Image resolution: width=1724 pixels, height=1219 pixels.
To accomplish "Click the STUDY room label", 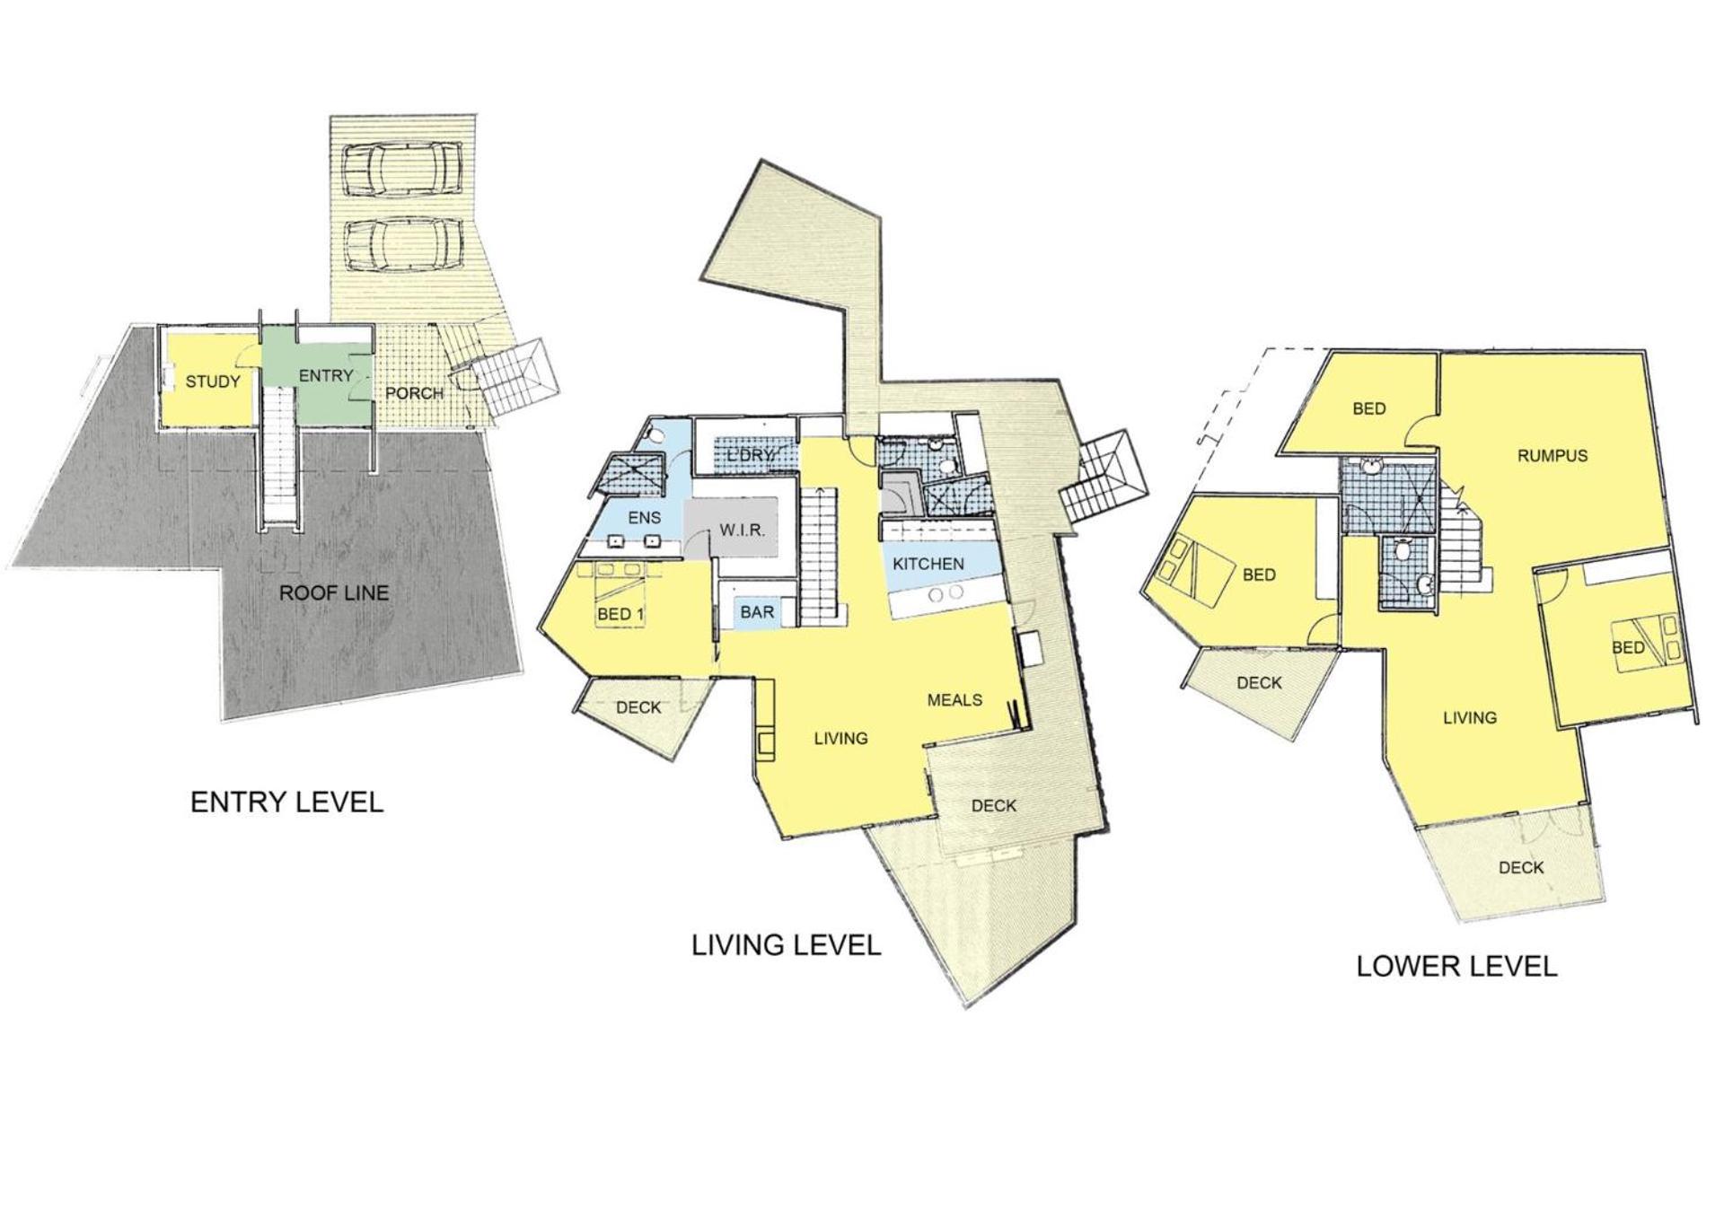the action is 213,381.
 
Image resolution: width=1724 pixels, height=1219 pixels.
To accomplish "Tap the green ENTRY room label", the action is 326,375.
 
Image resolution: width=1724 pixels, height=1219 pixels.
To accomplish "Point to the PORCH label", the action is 414,393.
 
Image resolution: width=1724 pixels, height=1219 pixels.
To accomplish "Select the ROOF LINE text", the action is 334,592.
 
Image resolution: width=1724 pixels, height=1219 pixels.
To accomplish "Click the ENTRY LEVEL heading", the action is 287,802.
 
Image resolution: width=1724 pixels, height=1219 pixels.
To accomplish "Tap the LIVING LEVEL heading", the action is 787,945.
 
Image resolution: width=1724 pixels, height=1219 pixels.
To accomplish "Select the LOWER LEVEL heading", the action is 1456,966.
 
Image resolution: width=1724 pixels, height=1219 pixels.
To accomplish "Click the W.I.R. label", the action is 743,531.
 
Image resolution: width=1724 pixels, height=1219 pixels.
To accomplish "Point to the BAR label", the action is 757,612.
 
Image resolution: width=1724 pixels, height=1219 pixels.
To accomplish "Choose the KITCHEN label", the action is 928,564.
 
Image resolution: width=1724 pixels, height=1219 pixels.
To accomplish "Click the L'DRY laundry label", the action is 751,455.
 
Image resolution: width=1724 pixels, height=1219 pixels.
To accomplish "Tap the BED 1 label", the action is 620,615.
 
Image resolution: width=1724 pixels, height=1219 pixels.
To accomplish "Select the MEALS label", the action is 954,699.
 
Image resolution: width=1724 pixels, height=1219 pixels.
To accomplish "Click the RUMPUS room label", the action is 1552,455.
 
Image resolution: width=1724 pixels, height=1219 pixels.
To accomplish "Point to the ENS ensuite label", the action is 645,517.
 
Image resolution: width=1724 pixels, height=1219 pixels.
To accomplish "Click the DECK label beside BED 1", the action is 638,707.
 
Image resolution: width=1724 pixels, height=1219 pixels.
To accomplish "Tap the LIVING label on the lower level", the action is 1470,717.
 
